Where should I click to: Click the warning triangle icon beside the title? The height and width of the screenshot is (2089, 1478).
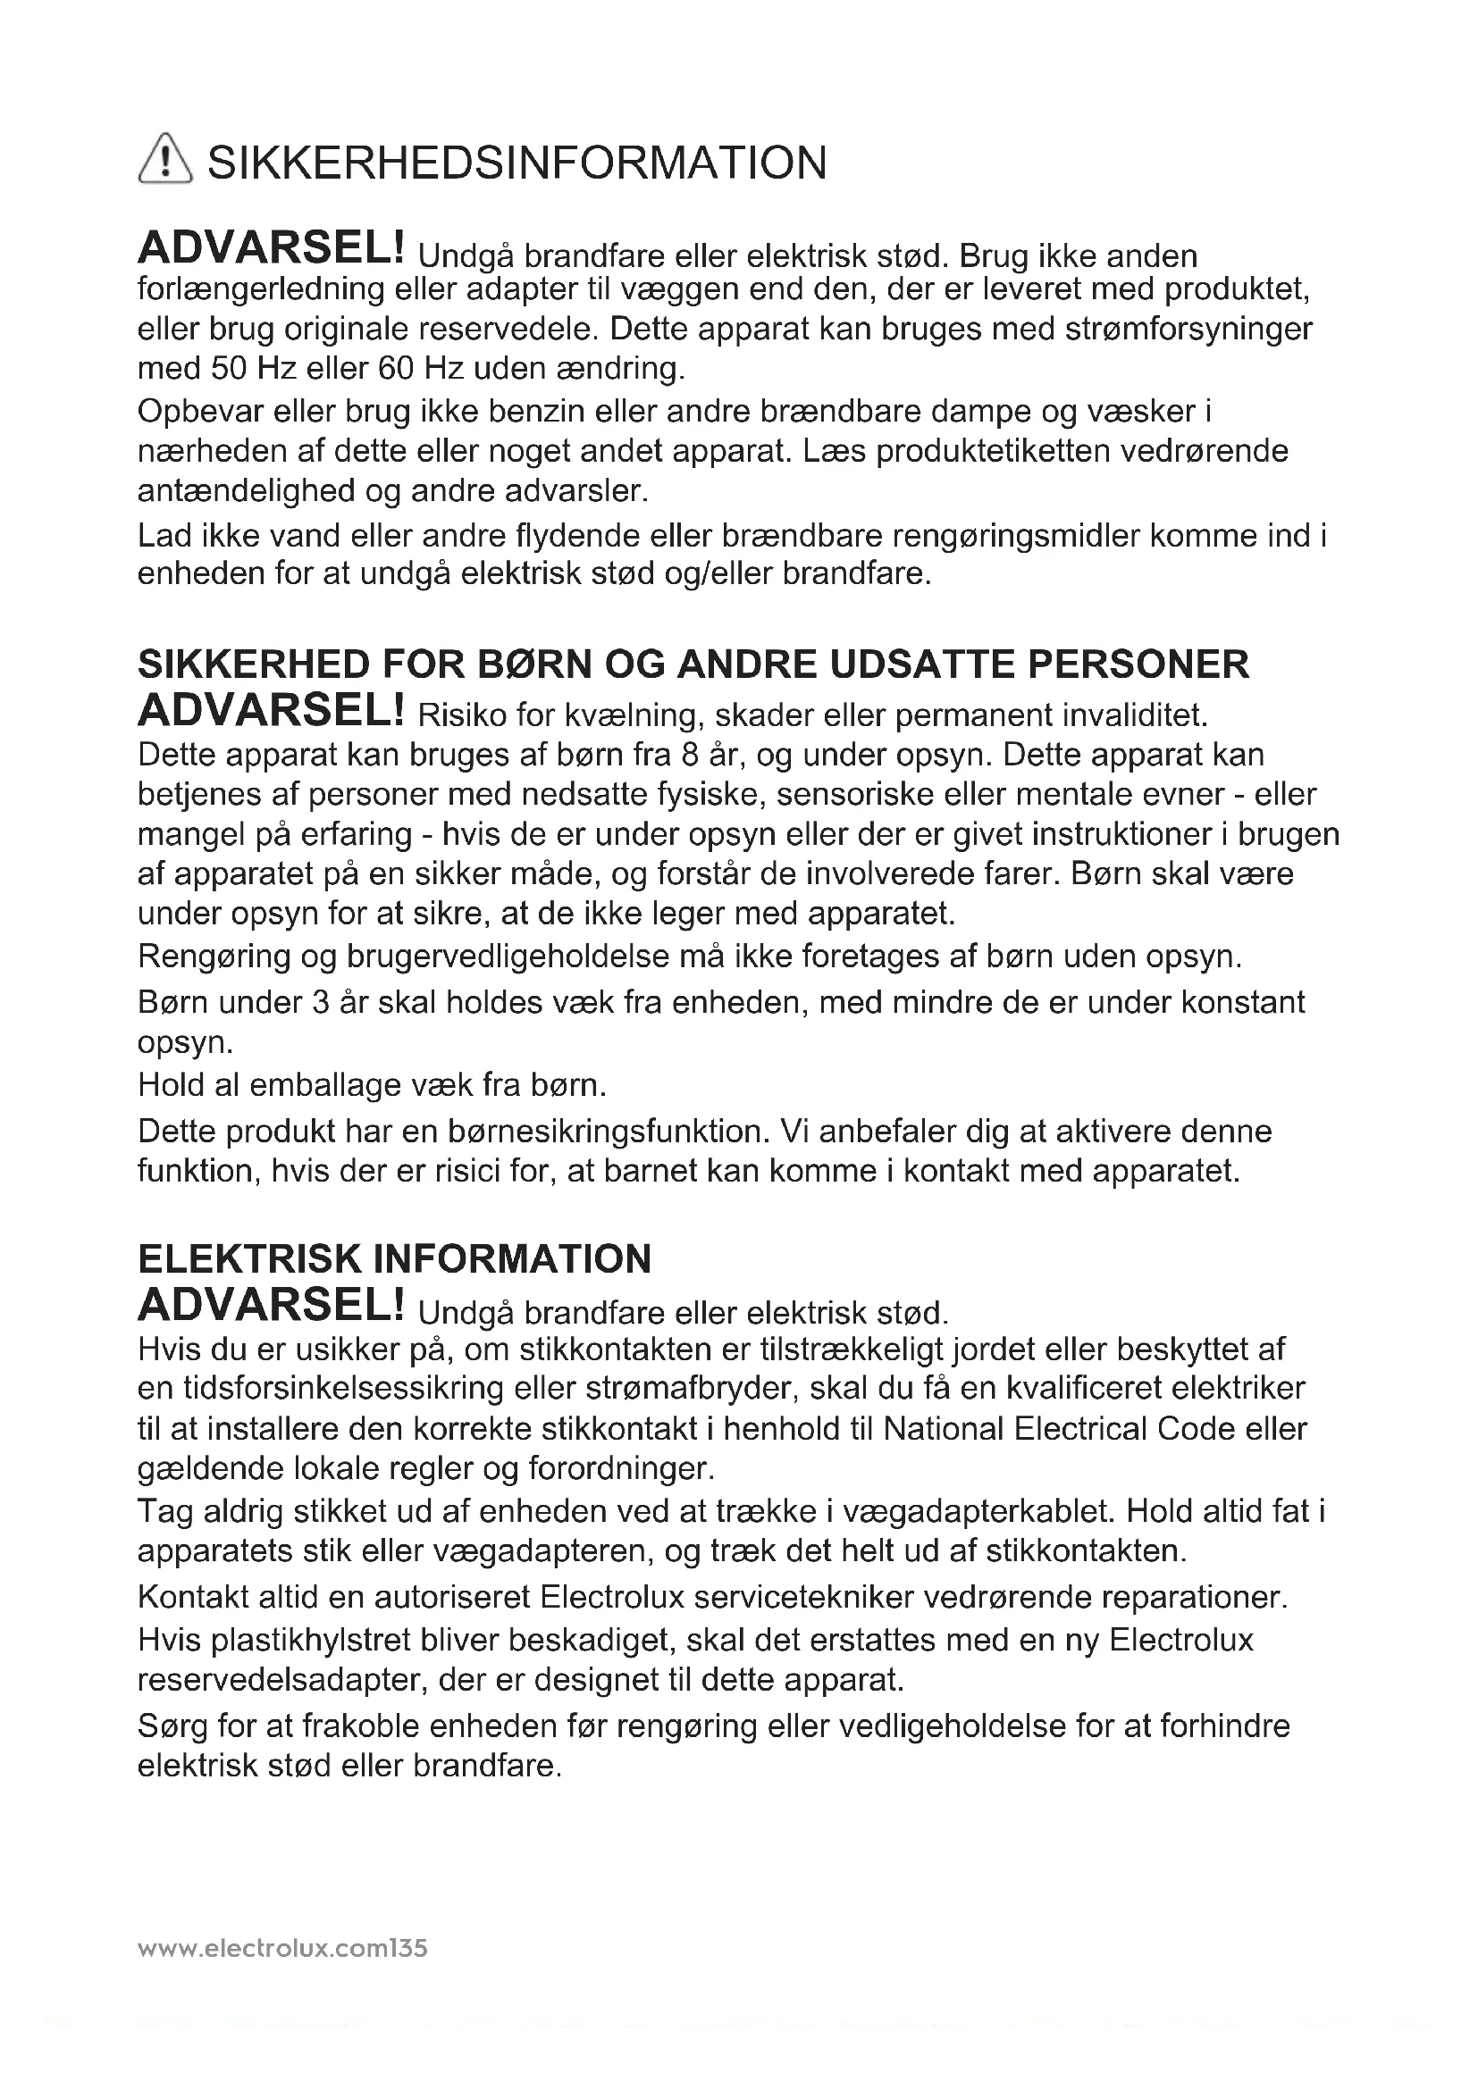(164, 159)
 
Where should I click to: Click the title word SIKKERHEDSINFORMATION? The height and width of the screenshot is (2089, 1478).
(516, 163)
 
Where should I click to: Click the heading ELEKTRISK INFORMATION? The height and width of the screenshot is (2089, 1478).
(394, 1259)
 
